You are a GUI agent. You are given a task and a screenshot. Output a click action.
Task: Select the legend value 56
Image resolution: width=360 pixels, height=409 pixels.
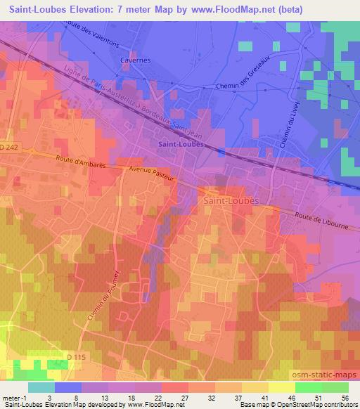tap(346, 398)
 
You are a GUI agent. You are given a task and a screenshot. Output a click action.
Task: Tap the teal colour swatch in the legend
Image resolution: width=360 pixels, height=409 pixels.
tap(41, 387)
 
